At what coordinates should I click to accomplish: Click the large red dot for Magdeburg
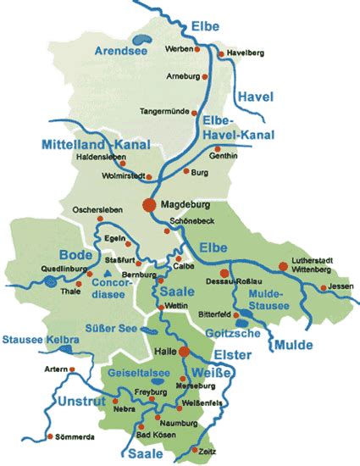(x=149, y=204)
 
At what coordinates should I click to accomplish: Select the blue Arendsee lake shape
(x=142, y=39)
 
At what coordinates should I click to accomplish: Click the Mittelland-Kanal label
(x=91, y=144)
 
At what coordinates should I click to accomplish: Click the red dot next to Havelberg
(x=221, y=54)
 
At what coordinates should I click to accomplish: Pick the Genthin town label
(x=224, y=156)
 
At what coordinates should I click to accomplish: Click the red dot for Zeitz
(x=196, y=449)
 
